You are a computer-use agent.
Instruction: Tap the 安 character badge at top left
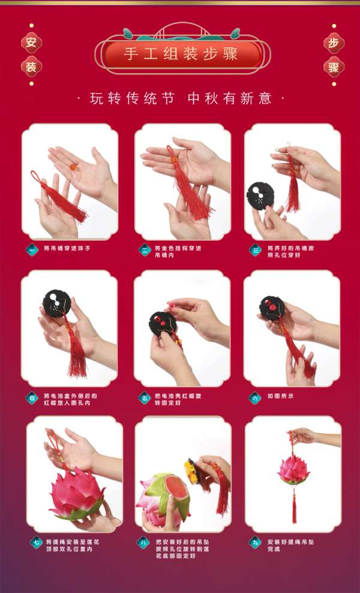[x=31, y=43]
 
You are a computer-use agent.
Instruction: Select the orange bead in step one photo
[x=75, y=166]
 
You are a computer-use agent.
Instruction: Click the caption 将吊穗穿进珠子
[x=67, y=248]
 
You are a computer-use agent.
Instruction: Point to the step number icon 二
[x=145, y=250]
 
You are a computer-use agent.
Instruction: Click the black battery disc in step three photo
[x=260, y=195]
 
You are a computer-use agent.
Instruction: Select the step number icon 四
[x=32, y=399]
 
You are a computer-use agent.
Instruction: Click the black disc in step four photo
[x=56, y=303]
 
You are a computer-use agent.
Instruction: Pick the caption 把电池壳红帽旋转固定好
[x=178, y=399]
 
